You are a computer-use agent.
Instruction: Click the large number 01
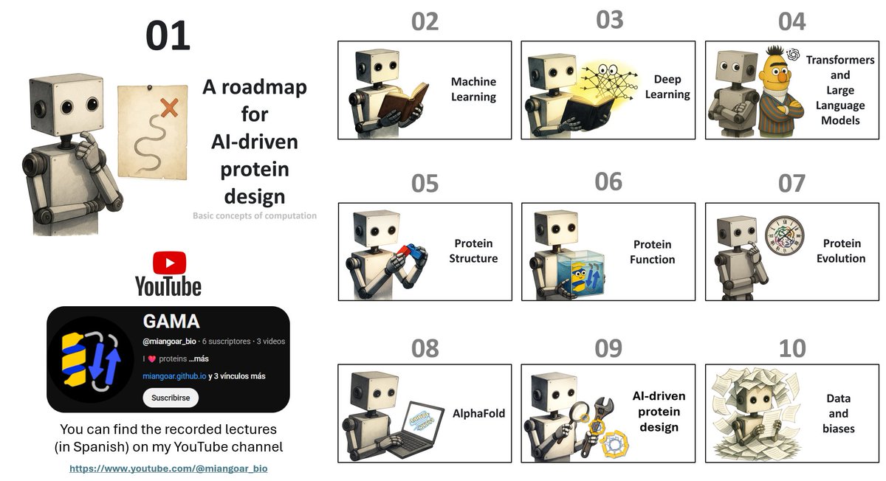[168, 35]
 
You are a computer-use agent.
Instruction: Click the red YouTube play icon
[169, 263]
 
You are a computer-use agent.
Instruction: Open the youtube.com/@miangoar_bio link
[168, 468]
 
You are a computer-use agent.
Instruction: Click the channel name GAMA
[171, 322]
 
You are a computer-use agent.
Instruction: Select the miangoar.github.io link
[175, 376]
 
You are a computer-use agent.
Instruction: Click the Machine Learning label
[473, 89]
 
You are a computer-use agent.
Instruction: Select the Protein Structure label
[473, 251]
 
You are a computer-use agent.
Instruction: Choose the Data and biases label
[838, 413]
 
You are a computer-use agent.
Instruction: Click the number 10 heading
[791, 348]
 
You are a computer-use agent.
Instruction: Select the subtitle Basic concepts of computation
[255, 216]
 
